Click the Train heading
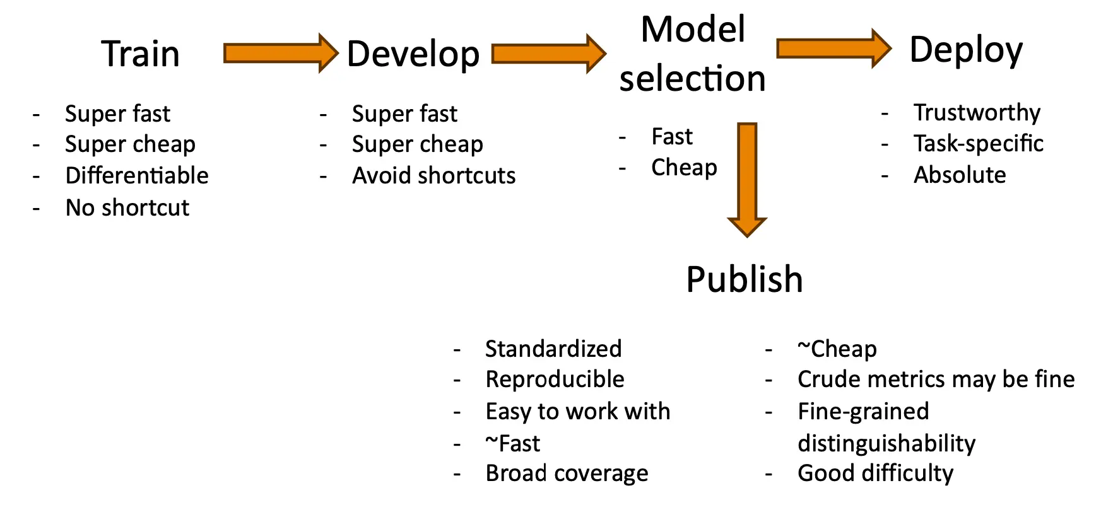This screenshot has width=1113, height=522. (141, 54)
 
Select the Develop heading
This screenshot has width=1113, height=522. (413, 55)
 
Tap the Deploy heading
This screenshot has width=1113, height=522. (966, 50)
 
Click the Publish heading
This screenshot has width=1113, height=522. (745, 280)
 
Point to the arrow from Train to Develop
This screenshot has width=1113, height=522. (281, 54)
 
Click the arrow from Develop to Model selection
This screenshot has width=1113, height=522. (549, 54)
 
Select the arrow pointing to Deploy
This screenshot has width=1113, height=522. (834, 49)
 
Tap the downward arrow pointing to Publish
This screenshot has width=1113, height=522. (748, 180)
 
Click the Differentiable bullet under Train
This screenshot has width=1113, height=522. (137, 175)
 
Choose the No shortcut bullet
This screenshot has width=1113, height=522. (127, 207)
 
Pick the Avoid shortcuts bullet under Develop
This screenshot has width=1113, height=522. (434, 175)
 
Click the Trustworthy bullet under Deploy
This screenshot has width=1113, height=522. (977, 113)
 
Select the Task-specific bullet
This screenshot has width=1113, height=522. (979, 144)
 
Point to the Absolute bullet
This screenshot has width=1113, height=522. (960, 175)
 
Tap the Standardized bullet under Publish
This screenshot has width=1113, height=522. (553, 349)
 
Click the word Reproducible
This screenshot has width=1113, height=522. (555, 380)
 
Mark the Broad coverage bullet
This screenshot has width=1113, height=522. (567, 473)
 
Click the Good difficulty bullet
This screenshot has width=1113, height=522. (876, 473)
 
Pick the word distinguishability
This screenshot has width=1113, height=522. (886, 443)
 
